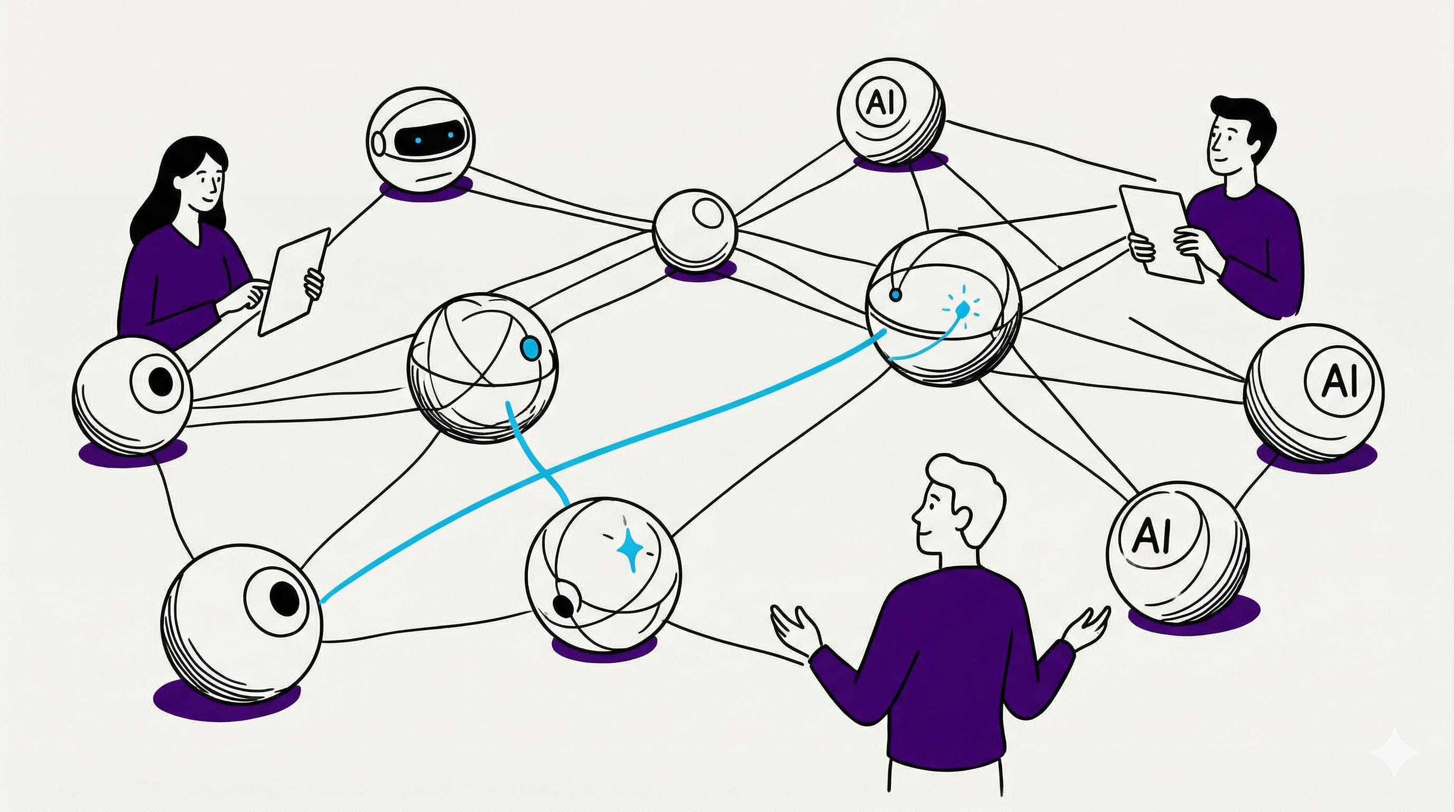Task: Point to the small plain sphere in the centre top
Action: pos(694,231)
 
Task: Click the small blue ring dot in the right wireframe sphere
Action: pos(894,294)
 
